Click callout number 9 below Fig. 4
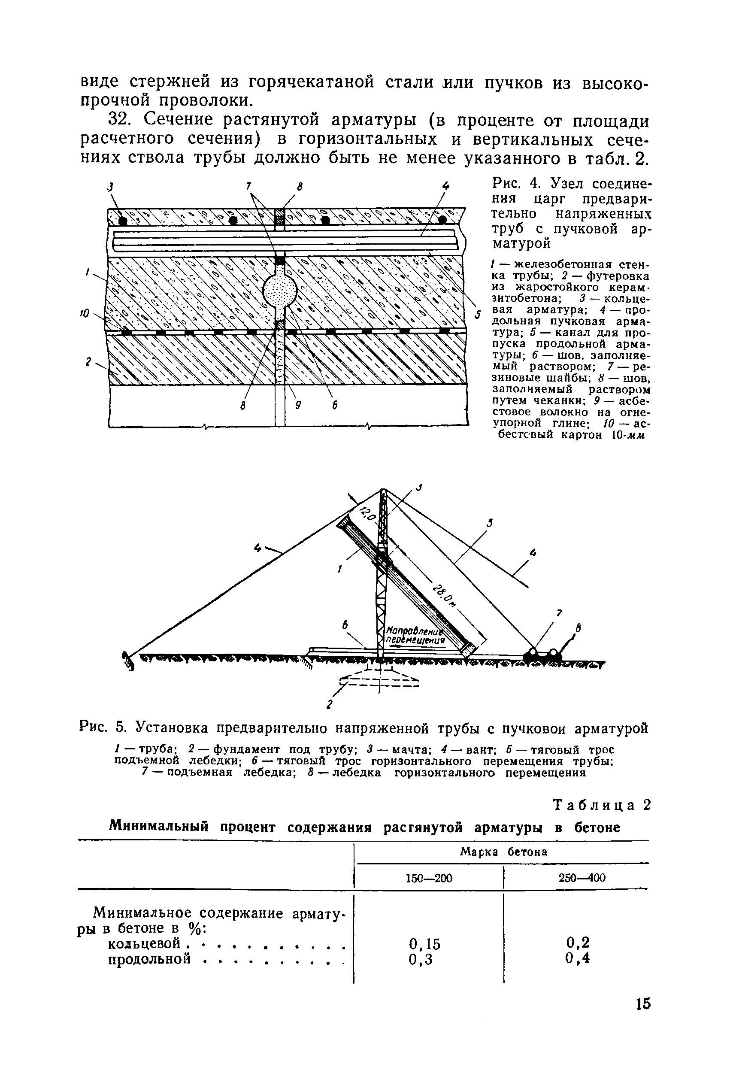298,405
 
